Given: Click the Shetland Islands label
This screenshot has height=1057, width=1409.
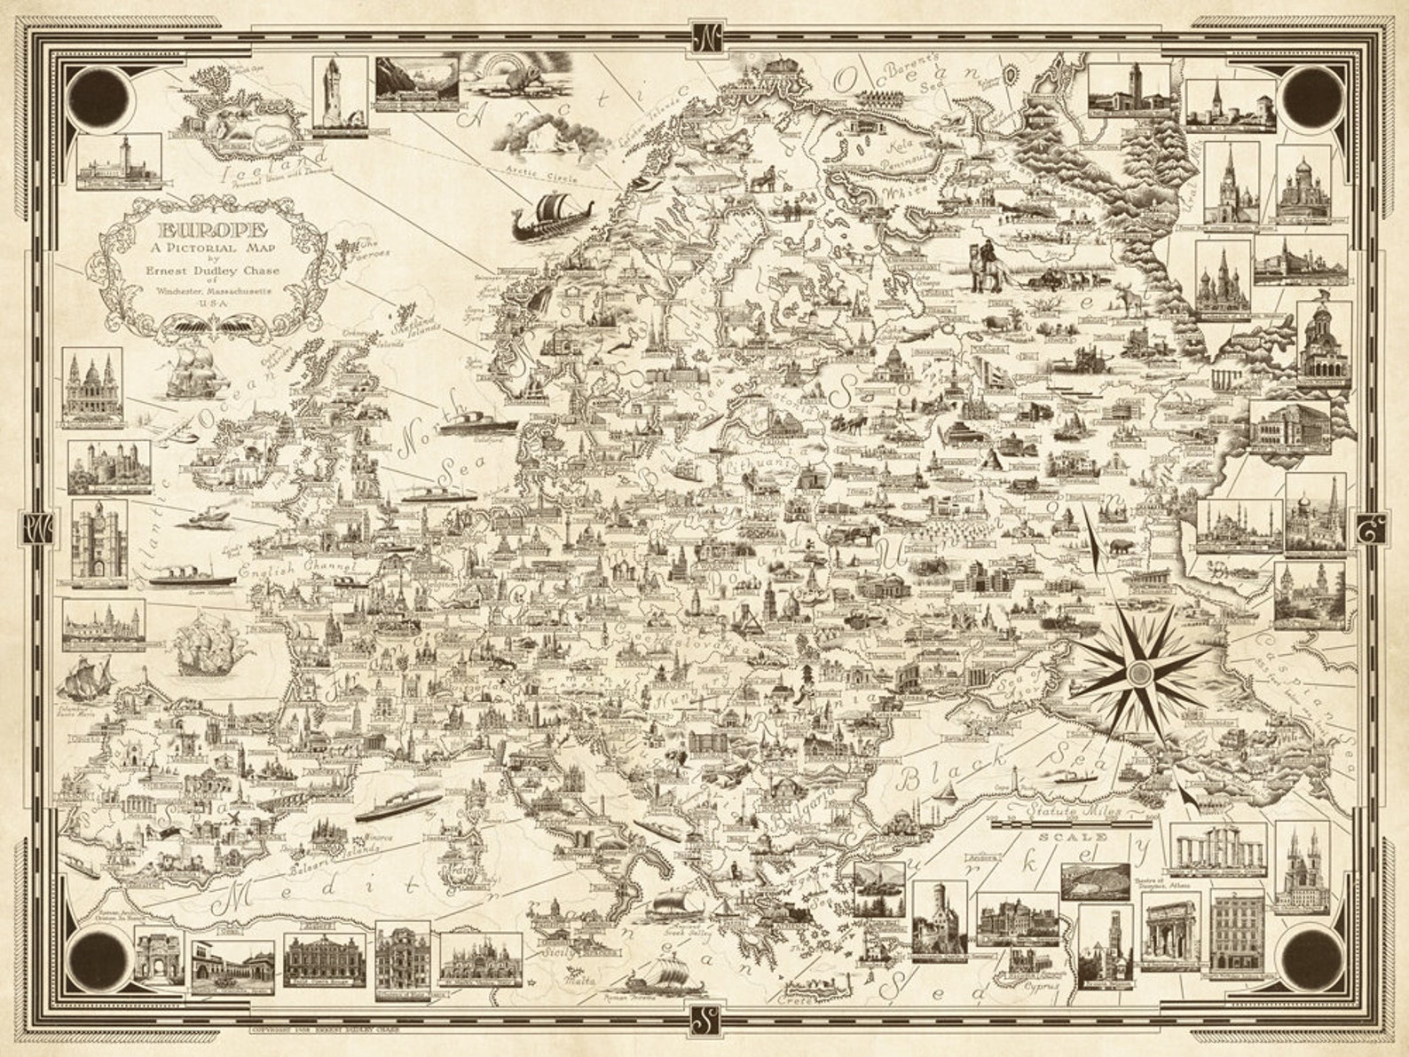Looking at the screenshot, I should point(417,321).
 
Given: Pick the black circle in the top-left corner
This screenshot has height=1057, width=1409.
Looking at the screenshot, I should point(99,95).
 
